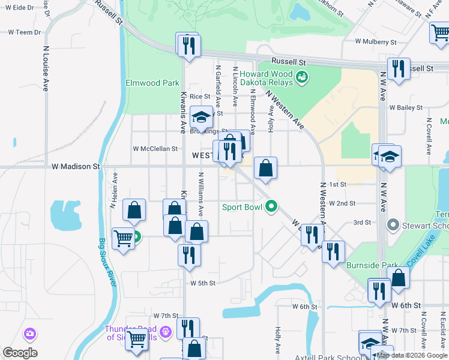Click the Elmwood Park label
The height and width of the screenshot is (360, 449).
[152, 83]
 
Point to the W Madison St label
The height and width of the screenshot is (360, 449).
[75, 166]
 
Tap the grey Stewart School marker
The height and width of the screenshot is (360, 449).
[393, 226]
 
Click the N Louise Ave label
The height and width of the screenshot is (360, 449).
[46, 69]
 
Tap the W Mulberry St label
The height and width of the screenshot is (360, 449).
[376, 42]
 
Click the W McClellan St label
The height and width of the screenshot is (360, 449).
[155, 148]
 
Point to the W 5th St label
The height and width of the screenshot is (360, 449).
[203, 283]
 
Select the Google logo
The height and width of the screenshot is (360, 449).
[20, 352]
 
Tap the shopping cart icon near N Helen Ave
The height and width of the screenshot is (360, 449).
[124, 238]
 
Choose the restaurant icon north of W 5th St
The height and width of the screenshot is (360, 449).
[189, 254]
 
